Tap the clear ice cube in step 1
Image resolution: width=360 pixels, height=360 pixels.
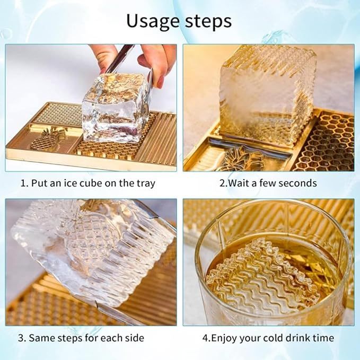(x=113, y=108)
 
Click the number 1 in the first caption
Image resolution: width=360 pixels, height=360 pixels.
(x=24, y=183)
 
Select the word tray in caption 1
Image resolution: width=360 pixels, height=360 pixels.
(x=144, y=183)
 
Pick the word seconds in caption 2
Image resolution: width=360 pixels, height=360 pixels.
(x=297, y=183)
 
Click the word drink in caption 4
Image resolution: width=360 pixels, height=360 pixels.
(x=286, y=338)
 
